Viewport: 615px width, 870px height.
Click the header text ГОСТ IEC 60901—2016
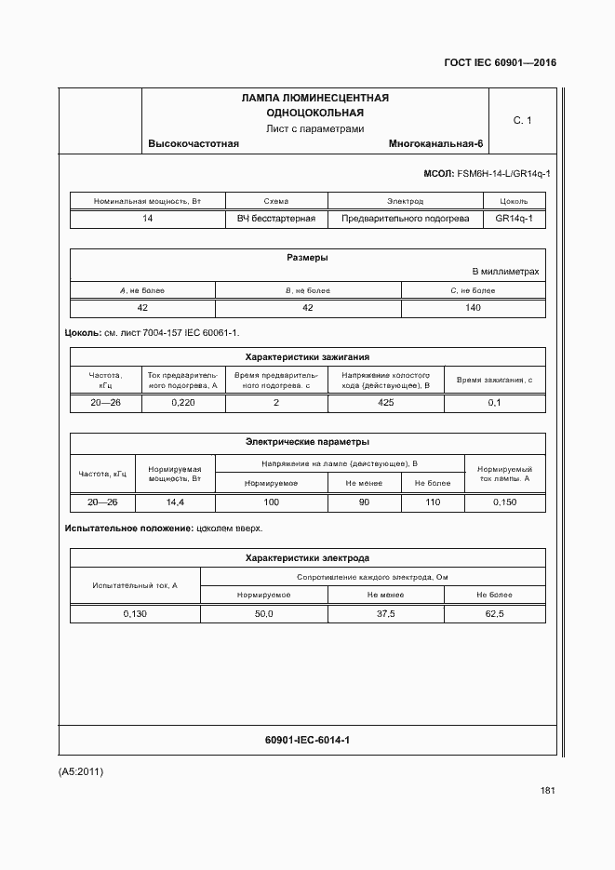(x=501, y=64)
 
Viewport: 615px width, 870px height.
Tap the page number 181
(x=547, y=791)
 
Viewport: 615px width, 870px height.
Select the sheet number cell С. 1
(x=522, y=120)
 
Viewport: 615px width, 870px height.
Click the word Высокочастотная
(x=194, y=144)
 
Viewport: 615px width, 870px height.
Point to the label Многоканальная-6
(x=436, y=144)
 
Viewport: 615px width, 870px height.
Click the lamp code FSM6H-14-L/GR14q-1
(x=502, y=173)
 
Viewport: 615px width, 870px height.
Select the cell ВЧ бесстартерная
(x=276, y=219)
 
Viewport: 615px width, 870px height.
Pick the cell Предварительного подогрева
(x=405, y=219)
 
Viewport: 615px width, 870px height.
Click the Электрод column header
(x=405, y=201)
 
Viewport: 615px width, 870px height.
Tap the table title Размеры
(x=307, y=258)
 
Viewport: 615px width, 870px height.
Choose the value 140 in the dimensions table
(x=473, y=307)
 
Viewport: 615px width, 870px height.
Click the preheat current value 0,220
(x=182, y=403)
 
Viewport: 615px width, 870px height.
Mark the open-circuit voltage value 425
(x=385, y=403)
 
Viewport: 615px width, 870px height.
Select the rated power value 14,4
(x=175, y=502)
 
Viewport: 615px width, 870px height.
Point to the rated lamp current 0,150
(x=504, y=502)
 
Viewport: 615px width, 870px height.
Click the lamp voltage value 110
(x=432, y=502)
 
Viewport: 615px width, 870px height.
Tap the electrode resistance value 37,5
(x=385, y=614)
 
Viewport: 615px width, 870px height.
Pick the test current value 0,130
(x=135, y=614)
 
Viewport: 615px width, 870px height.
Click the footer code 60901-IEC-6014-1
(x=307, y=740)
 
